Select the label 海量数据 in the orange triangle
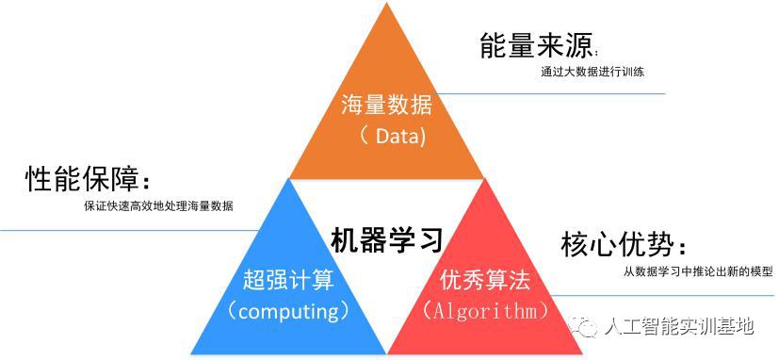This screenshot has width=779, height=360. click(x=383, y=105)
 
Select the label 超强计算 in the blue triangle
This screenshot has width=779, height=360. click(x=287, y=278)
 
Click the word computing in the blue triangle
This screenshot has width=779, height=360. click(x=288, y=309)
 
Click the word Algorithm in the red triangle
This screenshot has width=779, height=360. click(x=486, y=309)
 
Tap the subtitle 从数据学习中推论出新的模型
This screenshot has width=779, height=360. click(x=698, y=272)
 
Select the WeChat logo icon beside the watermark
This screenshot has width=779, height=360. click(x=586, y=326)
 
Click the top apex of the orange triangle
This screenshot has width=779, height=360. click(x=389, y=4)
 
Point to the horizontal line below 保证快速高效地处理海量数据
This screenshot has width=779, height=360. click(x=132, y=229)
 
